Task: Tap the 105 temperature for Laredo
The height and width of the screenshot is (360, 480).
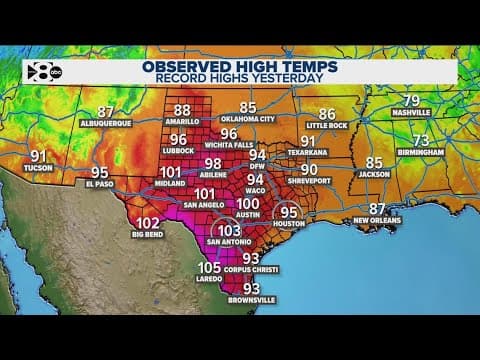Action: (209, 268)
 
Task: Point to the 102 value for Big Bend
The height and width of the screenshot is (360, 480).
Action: (148, 223)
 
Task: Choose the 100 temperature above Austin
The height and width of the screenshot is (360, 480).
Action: (247, 204)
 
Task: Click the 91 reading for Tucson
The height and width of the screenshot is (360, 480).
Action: (40, 156)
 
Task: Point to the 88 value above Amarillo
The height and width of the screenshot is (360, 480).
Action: (182, 111)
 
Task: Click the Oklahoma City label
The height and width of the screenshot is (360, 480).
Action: (247, 119)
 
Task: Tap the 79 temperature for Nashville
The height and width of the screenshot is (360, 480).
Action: (410, 100)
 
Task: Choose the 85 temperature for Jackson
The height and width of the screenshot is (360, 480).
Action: (374, 162)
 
